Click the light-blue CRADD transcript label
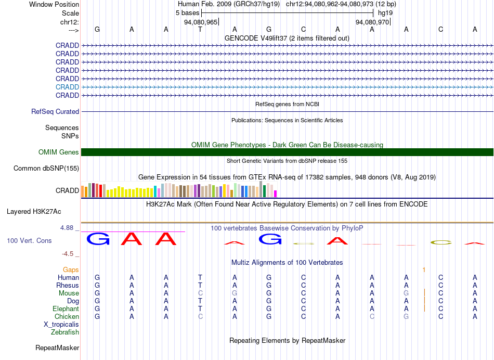pos(67,87)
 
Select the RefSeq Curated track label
pos(55,112)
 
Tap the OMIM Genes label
pos(59,152)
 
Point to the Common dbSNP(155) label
pos(46,169)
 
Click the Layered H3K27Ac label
pos(34,212)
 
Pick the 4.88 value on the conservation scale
pos(67,228)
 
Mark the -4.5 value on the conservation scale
pos(68,254)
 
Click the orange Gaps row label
pos(71,270)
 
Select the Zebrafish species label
pos(65,332)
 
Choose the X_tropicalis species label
pos(61,325)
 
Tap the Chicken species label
pos(67,316)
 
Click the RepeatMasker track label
pos(57,348)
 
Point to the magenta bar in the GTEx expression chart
pos(276,194)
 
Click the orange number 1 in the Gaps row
pos(424,270)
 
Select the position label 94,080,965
pos(201,22)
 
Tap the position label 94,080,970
pos(372,22)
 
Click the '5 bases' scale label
pos(187,13)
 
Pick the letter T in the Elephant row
pos(200,308)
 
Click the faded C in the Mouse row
pos(200,293)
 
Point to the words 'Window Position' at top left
pos(54,4)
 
